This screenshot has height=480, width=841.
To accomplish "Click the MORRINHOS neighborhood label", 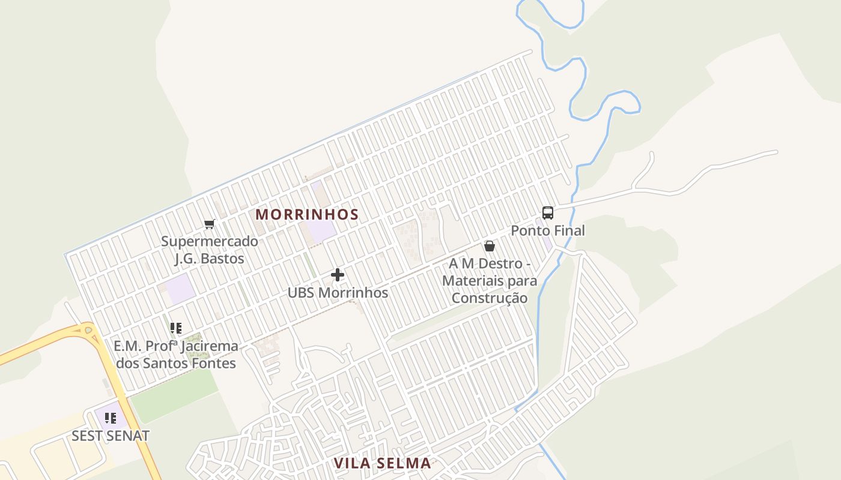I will point(307,214).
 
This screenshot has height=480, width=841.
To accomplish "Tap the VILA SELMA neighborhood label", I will point(383,463).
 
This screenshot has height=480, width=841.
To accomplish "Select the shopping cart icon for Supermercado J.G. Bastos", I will point(209,224).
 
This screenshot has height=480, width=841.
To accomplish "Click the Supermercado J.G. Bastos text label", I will point(209,250).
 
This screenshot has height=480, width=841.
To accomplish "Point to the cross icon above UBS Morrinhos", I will point(338,275).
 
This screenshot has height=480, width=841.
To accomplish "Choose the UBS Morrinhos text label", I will point(338,293).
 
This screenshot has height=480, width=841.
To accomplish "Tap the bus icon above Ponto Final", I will point(547,212).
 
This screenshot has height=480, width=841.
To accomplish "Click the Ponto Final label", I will point(547,230).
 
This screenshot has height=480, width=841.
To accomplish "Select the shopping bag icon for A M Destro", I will point(490,246).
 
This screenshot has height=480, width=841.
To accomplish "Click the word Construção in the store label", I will point(490,298).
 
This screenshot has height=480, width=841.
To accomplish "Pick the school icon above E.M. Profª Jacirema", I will point(175,328).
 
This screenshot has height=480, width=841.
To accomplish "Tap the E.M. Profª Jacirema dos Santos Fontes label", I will point(175,355).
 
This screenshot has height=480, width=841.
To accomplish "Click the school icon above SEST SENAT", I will point(110,418).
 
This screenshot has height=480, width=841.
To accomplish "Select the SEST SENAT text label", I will point(110,436).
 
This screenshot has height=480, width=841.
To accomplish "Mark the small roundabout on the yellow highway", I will point(88,329).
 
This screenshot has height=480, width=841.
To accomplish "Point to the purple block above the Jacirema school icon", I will point(180,289).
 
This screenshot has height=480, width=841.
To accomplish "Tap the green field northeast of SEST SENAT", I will point(174,396).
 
